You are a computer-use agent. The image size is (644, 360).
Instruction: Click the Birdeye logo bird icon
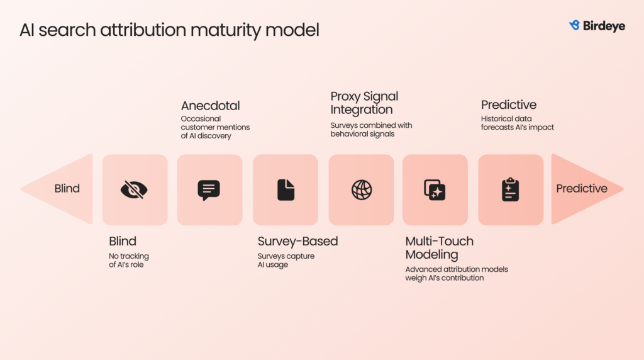pyautogui.click(x=574, y=26)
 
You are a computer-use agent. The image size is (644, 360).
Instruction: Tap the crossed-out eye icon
pyautogui.click(x=135, y=189)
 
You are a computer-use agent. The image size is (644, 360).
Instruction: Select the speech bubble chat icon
pyautogui.click(x=209, y=189)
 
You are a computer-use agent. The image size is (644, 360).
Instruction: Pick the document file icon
pyautogui.click(x=286, y=189)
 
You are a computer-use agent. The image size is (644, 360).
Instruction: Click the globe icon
pyautogui.click(x=362, y=189)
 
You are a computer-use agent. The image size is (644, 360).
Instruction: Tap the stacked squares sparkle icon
pyautogui.click(x=435, y=189)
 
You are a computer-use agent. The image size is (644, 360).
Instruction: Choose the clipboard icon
pyautogui.click(x=510, y=189)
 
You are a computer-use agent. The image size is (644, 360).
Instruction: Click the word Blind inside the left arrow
pyautogui.click(x=67, y=189)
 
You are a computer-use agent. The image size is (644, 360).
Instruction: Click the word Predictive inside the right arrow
pyautogui.click(x=582, y=189)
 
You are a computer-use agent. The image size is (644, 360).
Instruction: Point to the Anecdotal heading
pyautogui.click(x=210, y=106)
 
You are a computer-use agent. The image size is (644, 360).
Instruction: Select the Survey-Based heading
pyautogui.click(x=297, y=241)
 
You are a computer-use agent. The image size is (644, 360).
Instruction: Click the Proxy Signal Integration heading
pyautogui.click(x=364, y=103)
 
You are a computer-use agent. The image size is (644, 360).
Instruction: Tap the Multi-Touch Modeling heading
pyautogui.click(x=439, y=247)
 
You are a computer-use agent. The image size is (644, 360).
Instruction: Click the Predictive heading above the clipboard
pyautogui.click(x=508, y=105)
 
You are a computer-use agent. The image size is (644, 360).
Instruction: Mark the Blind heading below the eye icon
pyautogui.click(x=123, y=241)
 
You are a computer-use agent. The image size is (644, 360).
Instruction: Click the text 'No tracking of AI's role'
pyautogui.click(x=129, y=261)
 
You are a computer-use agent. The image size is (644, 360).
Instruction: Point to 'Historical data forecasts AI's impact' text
pyautogui.click(x=517, y=123)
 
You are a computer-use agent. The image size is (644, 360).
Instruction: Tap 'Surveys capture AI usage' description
pyautogui.click(x=286, y=261)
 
